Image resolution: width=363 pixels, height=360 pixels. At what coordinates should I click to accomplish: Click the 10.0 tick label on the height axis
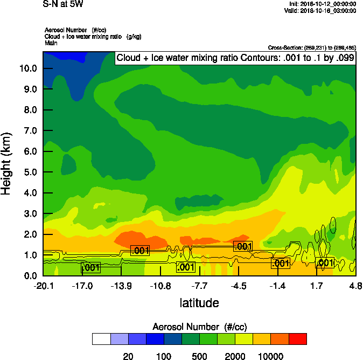point(27,68)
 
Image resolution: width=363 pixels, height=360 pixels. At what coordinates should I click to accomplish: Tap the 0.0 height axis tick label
point(29,276)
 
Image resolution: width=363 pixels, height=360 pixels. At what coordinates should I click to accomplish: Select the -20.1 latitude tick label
point(43,286)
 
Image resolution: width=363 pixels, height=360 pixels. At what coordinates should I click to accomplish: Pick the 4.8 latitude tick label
point(355,286)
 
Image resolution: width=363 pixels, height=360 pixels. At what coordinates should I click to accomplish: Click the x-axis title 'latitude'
point(199,303)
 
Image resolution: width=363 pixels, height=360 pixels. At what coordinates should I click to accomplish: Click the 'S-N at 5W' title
point(64,4)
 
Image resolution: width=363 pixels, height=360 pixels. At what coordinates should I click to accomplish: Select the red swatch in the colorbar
point(298,339)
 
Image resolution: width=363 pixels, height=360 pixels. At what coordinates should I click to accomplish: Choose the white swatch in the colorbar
point(101,339)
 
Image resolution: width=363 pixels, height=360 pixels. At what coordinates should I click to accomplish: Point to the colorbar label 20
point(128,356)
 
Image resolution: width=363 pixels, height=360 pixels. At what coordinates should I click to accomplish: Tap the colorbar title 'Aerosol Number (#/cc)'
point(199,327)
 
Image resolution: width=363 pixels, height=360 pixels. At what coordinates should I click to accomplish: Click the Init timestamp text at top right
point(322,4)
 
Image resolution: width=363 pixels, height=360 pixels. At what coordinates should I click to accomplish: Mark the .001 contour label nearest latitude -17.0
point(90,267)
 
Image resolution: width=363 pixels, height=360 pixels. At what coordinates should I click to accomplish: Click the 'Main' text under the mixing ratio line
point(51,43)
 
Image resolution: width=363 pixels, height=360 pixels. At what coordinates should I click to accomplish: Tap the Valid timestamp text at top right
point(320,10)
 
